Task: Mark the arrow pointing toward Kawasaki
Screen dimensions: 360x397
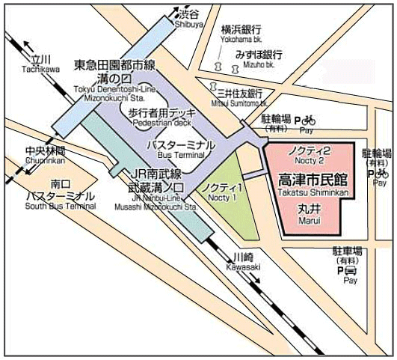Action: pyautogui.click(x=256, y=280)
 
